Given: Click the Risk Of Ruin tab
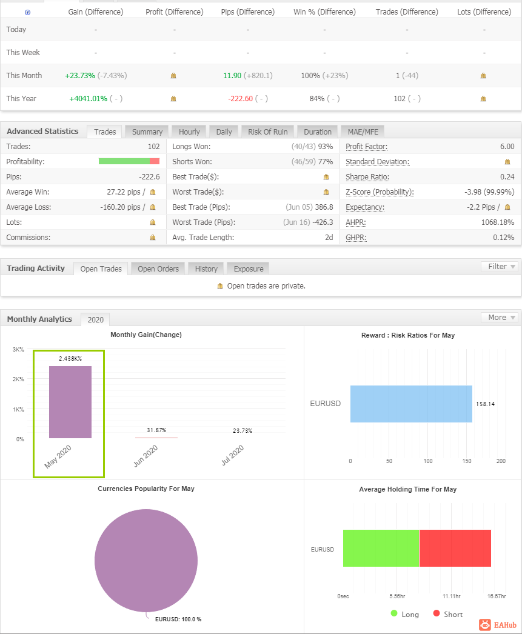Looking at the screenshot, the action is pos(268,132).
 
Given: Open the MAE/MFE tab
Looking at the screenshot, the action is pos(363,132).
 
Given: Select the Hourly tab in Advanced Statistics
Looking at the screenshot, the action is pos(189,132).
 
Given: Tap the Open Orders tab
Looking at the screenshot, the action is pos(158,269).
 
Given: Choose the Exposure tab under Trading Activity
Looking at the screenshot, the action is pos(248,269).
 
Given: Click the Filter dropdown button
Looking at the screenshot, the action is pos(500,267).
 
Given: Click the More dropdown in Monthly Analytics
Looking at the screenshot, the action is pos(500,318).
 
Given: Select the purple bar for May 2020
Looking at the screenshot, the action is pos(70,402).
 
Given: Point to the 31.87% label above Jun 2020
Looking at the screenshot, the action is pos(156,430).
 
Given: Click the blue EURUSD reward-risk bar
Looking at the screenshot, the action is pos(411,404).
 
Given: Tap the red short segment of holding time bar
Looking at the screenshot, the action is pos(455,549).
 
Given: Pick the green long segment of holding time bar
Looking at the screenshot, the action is pos(381,549).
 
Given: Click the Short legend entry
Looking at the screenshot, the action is pos(448,614).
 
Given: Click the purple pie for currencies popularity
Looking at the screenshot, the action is pos(146,561).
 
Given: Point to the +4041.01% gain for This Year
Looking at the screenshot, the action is pos(88,99).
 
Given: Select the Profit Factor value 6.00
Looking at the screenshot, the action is pos(507,146).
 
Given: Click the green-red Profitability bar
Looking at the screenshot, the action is pos(129,161).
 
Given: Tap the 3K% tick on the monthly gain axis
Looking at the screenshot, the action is pos(18,349).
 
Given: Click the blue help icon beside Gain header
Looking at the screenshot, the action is pos(27,13).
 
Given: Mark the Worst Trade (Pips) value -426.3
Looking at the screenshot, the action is pos(323,222).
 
